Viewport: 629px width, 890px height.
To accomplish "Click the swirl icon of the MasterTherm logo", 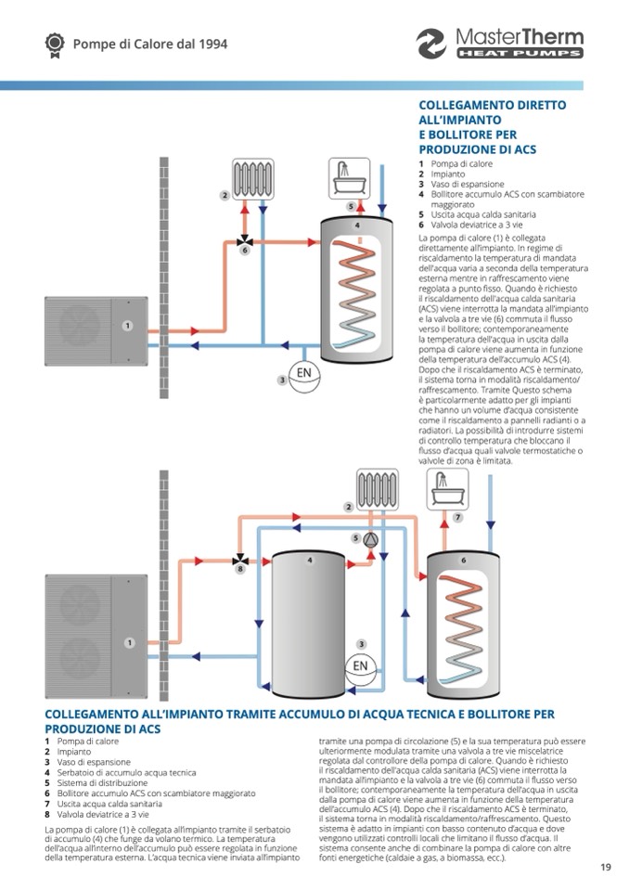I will (x=431, y=44).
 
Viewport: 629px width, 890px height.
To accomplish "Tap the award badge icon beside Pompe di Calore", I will (x=54, y=43).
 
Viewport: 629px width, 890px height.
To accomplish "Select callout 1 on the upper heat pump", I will (x=128, y=326).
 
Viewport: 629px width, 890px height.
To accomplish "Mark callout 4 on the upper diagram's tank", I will (x=357, y=225).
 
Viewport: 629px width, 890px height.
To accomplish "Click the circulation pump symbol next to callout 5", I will (x=371, y=538).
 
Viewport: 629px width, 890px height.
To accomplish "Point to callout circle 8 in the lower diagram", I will (x=239, y=569).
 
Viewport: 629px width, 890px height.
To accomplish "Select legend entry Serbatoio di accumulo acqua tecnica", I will (x=120, y=772).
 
